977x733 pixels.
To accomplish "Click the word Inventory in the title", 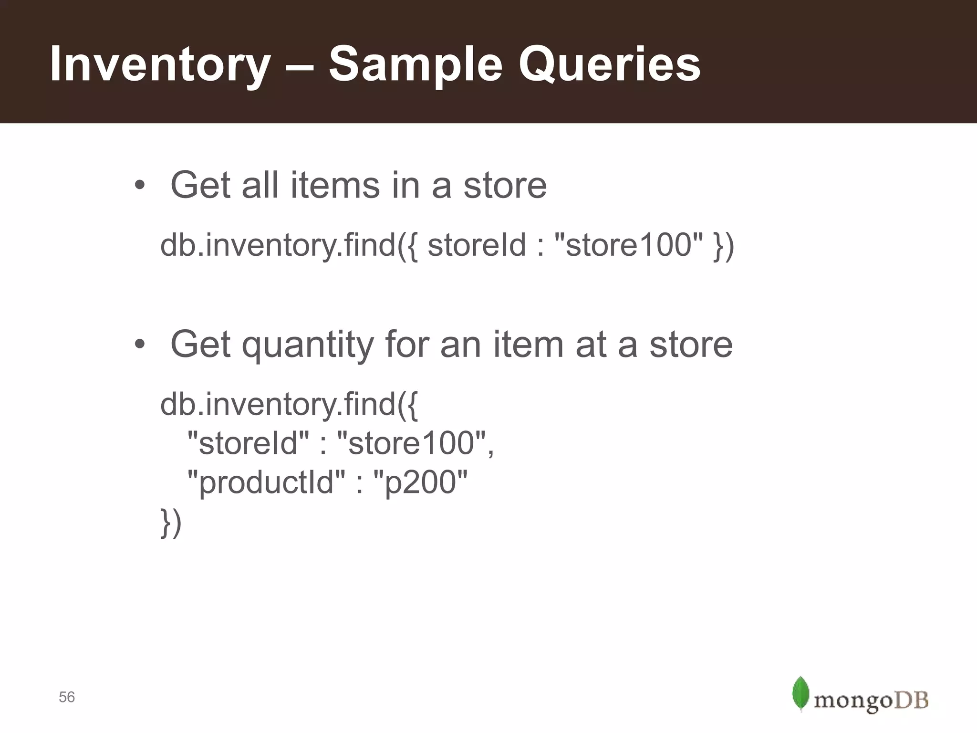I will click(160, 64).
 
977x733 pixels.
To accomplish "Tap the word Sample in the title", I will click(415, 64).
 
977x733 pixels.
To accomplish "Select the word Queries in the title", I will click(609, 64).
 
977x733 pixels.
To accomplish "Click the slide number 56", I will click(67, 697).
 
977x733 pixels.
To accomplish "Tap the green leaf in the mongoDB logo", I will click(800, 693).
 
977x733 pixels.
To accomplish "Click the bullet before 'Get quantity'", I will click(139, 344).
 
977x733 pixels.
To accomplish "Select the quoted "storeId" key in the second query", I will click(248, 443).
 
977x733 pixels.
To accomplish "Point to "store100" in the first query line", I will click(628, 245).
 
